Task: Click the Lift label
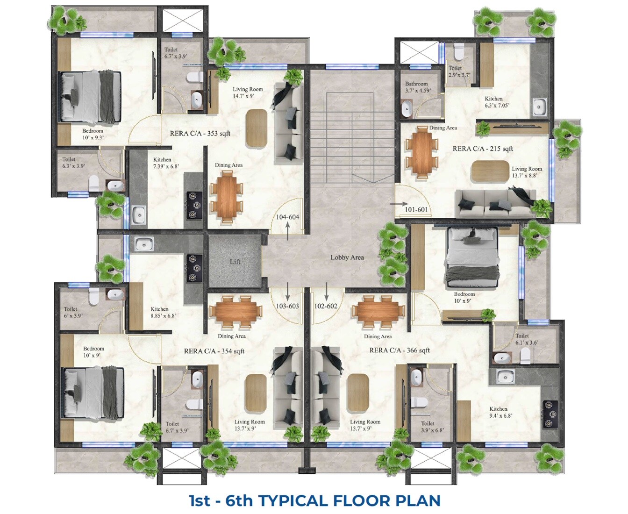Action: click(235, 262)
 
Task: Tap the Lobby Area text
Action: click(347, 257)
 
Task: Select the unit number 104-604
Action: click(287, 217)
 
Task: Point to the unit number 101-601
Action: click(416, 210)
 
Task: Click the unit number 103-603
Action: click(287, 306)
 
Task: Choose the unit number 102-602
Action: click(326, 306)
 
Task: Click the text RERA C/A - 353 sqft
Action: click(200, 134)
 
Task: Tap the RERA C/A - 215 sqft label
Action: click(483, 148)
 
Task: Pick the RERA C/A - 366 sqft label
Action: click(400, 350)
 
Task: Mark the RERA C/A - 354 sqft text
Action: click(214, 351)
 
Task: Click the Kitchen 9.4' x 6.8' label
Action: click(501, 412)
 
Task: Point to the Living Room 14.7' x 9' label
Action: click(248, 93)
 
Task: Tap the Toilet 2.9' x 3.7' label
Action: click(459, 71)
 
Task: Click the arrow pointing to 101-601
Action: click(399, 204)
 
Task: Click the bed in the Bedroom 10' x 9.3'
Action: click(91, 96)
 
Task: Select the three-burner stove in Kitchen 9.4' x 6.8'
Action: click(550, 414)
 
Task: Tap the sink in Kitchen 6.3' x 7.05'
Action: click(539, 107)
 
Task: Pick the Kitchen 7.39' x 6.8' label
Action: click(166, 163)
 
